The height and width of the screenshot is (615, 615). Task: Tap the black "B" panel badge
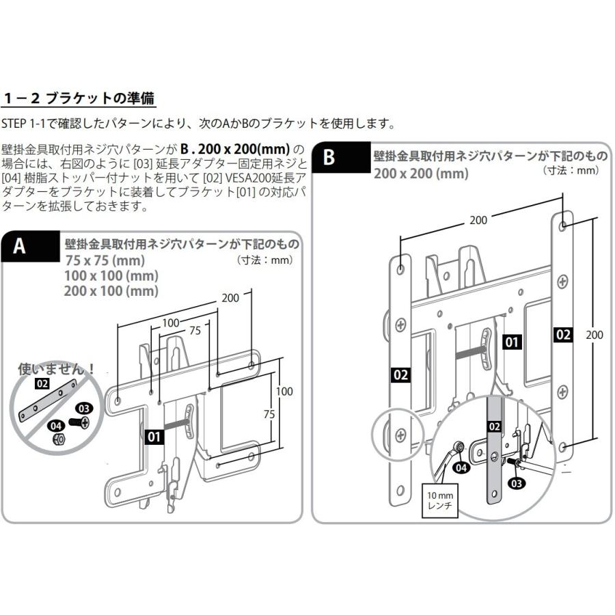click(x=329, y=157)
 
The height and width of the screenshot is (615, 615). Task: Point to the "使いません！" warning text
click(x=56, y=369)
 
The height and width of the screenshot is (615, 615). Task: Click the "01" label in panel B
click(x=512, y=342)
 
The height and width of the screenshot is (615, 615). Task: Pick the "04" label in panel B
click(x=461, y=467)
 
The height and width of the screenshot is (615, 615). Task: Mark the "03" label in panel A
click(x=83, y=409)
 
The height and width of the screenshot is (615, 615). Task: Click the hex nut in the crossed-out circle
click(x=59, y=437)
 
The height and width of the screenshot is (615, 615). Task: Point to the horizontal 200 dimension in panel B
click(x=479, y=220)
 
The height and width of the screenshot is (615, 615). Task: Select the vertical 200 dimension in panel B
click(x=595, y=335)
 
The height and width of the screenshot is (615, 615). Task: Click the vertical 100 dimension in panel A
click(x=284, y=392)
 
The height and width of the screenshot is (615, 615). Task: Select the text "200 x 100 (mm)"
click(x=111, y=291)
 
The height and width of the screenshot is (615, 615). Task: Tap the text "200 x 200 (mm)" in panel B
click(x=421, y=174)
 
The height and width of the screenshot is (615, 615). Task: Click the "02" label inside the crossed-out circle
click(x=42, y=384)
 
